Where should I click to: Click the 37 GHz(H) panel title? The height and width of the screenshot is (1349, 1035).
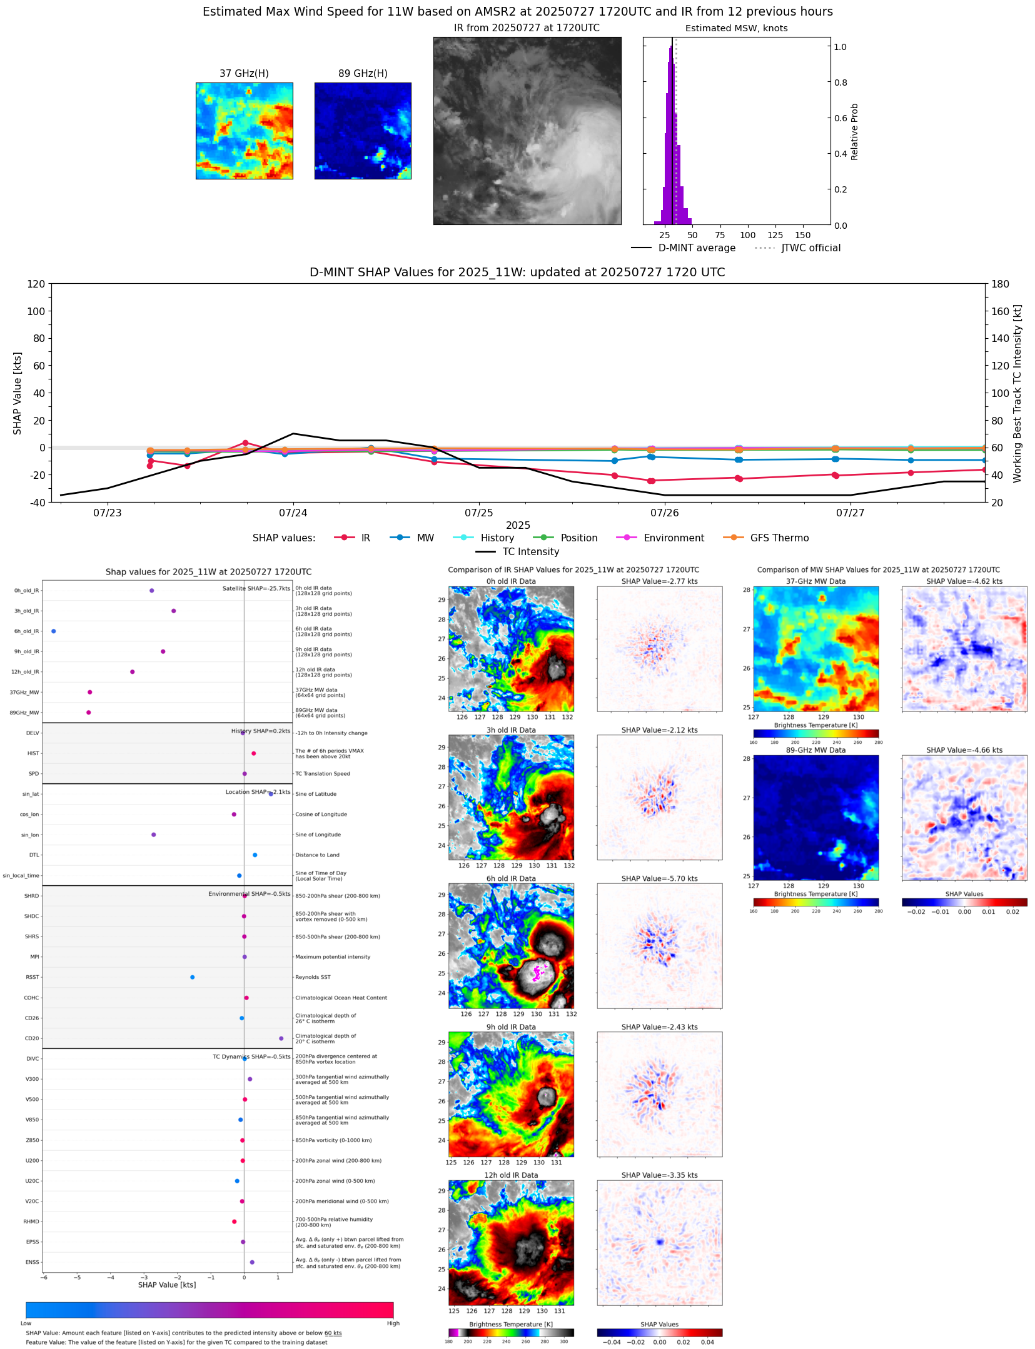(244, 74)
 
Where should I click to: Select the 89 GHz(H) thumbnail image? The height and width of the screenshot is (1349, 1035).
(363, 131)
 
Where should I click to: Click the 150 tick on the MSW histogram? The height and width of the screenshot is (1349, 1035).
(803, 236)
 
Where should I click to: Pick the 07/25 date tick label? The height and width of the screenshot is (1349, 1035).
(479, 513)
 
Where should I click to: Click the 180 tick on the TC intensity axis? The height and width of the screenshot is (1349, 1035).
(1000, 284)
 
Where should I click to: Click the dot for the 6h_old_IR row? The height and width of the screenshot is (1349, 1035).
(54, 631)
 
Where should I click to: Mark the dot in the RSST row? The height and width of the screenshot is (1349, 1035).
(192, 977)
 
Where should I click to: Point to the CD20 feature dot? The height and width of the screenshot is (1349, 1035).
(281, 1038)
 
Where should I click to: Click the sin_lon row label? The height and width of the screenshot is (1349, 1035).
(30, 835)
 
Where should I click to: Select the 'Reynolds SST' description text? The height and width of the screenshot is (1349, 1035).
(313, 977)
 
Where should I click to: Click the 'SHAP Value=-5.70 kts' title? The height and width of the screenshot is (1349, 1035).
(659, 879)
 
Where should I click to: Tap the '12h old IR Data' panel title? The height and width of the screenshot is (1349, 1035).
(511, 1175)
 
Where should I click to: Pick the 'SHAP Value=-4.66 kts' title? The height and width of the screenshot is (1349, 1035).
(964, 750)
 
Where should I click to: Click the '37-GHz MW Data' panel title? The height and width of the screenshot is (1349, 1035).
(815, 581)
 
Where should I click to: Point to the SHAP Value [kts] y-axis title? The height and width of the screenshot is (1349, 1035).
(18, 393)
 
